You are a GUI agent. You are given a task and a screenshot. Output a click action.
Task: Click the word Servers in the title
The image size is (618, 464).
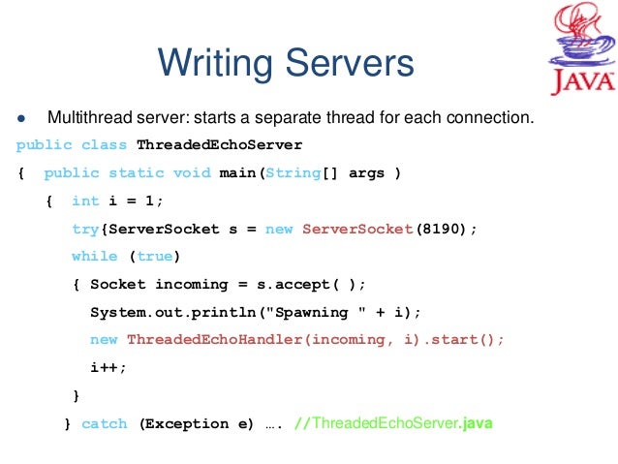pyautogui.click(x=343, y=63)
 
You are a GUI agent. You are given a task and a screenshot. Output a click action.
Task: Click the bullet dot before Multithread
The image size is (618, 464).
pyautogui.click(x=20, y=119)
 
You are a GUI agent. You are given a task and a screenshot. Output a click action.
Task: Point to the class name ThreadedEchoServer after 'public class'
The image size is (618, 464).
pyautogui.click(x=220, y=145)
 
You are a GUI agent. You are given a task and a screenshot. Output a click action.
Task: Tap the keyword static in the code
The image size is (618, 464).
pyautogui.click(x=136, y=173)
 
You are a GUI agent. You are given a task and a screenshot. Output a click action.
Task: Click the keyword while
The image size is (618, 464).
pyautogui.click(x=94, y=257)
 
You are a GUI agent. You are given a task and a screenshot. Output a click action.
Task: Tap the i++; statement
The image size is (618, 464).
pyautogui.click(x=108, y=368)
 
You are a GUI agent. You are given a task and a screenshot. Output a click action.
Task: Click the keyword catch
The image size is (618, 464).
pyautogui.click(x=104, y=423)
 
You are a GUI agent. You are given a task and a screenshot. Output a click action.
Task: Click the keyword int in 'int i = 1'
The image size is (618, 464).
pyautogui.click(x=85, y=201)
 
